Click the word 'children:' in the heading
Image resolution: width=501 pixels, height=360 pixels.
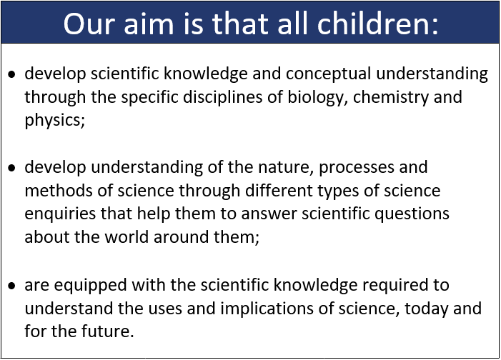377,24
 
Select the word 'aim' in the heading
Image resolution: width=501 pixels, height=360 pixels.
149,24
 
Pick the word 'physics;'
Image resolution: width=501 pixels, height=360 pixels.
54,121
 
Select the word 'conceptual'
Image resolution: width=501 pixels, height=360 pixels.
328,74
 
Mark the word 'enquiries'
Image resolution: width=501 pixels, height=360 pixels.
60,214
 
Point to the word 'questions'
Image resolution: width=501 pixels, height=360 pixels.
412,214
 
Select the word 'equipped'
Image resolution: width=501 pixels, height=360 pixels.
91,285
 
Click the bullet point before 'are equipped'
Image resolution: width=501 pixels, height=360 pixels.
12,286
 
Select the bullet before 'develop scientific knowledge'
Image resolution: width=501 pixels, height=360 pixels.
12,74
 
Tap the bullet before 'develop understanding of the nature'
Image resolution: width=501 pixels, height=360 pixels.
12,168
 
